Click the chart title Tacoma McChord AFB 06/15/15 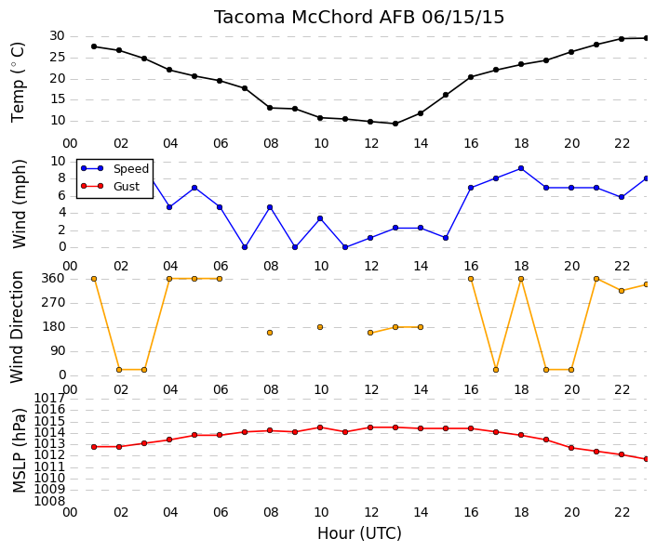click(x=359, y=18)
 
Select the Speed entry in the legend click(x=131, y=169)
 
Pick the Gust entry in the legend click(x=127, y=187)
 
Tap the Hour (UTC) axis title click(x=359, y=533)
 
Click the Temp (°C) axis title click(x=18, y=83)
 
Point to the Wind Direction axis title click(x=17, y=327)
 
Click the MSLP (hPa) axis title click(x=19, y=450)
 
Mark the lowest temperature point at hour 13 click(x=395, y=124)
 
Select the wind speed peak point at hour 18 click(x=521, y=168)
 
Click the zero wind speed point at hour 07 click(x=245, y=247)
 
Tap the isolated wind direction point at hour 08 click(x=270, y=333)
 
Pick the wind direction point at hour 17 click(x=496, y=370)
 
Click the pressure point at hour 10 click(x=320, y=427)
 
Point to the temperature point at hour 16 click(x=471, y=77)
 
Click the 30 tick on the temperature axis click(x=57, y=36)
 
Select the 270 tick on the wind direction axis click(x=54, y=303)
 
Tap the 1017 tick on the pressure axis click(x=50, y=398)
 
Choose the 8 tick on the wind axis click(x=62, y=178)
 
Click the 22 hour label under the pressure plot click(x=622, y=512)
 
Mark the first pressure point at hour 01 click(x=94, y=447)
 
